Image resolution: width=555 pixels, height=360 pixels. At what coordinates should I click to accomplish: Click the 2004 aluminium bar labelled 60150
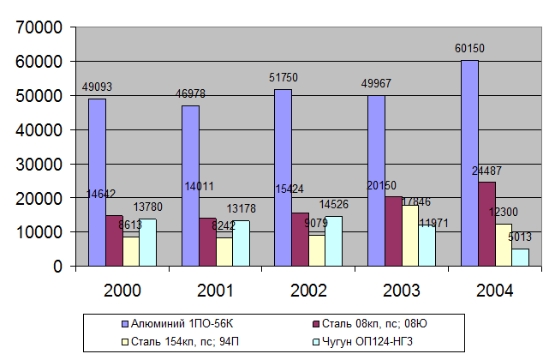click(x=469, y=163)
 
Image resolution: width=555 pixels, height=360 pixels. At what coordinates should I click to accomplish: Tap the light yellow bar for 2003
click(x=410, y=235)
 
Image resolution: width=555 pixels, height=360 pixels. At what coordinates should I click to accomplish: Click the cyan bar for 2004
click(x=520, y=257)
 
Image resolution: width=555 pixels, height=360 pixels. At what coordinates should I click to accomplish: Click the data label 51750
click(x=283, y=79)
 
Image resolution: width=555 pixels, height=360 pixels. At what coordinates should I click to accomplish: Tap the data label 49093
click(x=97, y=87)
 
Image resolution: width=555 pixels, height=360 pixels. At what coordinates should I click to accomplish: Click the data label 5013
click(x=519, y=237)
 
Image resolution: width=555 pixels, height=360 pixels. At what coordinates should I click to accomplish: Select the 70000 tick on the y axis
click(x=41, y=27)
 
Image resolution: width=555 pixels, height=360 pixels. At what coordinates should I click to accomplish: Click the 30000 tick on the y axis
click(x=41, y=164)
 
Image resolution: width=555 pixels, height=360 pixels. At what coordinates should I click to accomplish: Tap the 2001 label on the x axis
click(x=215, y=291)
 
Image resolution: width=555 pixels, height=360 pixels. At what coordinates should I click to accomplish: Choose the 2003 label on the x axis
click(x=401, y=291)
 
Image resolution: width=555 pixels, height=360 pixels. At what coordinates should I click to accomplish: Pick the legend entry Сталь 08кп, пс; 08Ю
click(x=377, y=323)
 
